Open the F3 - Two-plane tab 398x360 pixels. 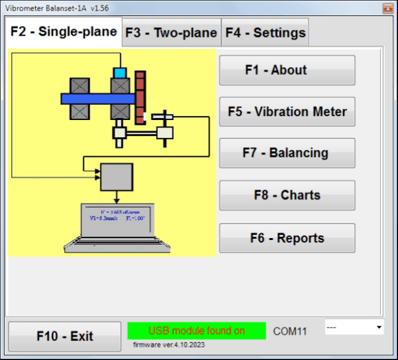pyautogui.click(x=171, y=32)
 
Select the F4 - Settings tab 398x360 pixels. pyautogui.click(x=265, y=32)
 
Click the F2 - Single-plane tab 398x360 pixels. pyautogui.click(x=64, y=31)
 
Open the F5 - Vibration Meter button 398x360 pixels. pyautogui.click(x=287, y=111)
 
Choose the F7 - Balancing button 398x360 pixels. pyautogui.click(x=287, y=153)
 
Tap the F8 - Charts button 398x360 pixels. pyautogui.click(x=287, y=196)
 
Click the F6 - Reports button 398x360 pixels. pyautogui.click(x=287, y=238)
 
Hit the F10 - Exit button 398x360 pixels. pyautogui.click(x=65, y=336)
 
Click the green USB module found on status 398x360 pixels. pyautogui.click(x=196, y=331)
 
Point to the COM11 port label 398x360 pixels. pyautogui.click(x=291, y=331)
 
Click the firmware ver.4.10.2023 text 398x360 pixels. pyautogui.click(x=170, y=345)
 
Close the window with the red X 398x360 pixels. pyautogui.click(x=387, y=8)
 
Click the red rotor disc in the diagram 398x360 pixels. pyautogui.click(x=140, y=97)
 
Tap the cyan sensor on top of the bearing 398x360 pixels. pyautogui.click(x=120, y=72)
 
